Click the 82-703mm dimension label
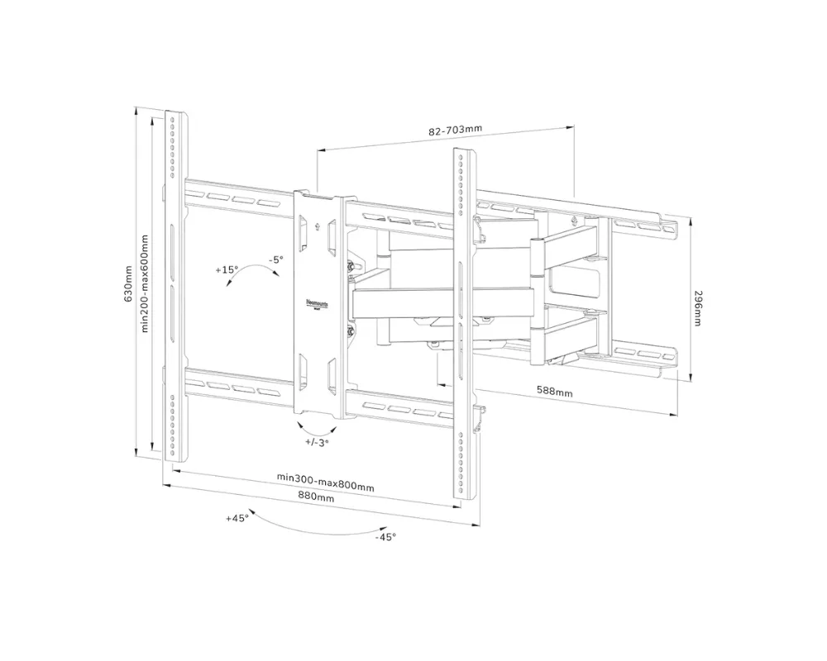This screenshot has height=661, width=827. click(x=455, y=131)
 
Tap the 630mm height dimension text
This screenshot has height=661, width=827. click(x=128, y=283)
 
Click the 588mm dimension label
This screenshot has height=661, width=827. click(x=554, y=392)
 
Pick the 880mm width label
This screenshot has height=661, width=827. click(x=316, y=498)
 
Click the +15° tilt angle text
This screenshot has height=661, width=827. click(x=227, y=269)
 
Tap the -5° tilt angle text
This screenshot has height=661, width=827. click(x=275, y=259)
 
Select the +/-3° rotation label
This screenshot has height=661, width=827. click(x=317, y=443)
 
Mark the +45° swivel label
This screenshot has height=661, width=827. click(x=237, y=518)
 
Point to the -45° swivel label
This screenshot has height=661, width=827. click(x=385, y=537)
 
